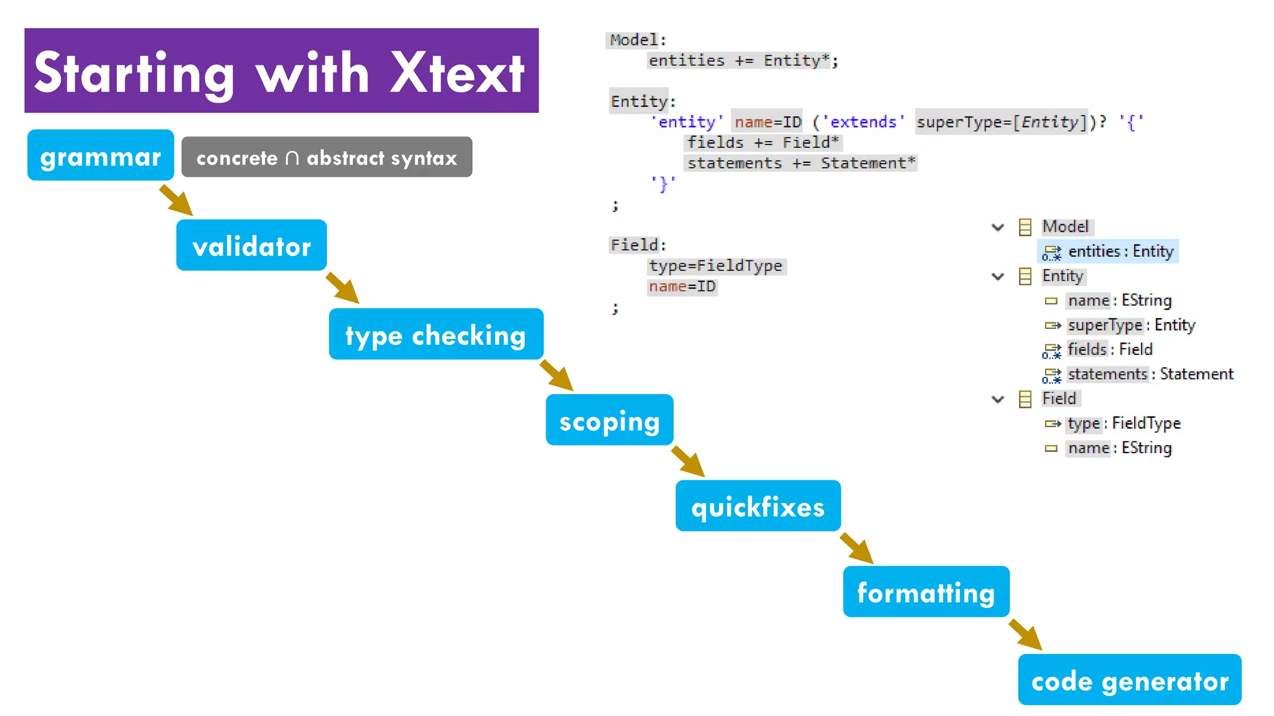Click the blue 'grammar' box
100,155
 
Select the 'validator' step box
251,246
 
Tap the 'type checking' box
435,334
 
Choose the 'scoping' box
609,420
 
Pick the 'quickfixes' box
758,506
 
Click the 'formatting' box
926,592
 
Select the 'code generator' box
1129,680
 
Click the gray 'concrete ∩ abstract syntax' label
327,157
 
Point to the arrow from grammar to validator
176,200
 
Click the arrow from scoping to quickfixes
688,461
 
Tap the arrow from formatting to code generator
1025,635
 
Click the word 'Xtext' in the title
457,73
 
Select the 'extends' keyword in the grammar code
863,122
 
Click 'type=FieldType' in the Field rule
715,266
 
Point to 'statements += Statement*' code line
801,163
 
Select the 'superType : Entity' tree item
1131,325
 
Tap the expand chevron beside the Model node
998,227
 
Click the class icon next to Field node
1025,399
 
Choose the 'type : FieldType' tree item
1123,423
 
